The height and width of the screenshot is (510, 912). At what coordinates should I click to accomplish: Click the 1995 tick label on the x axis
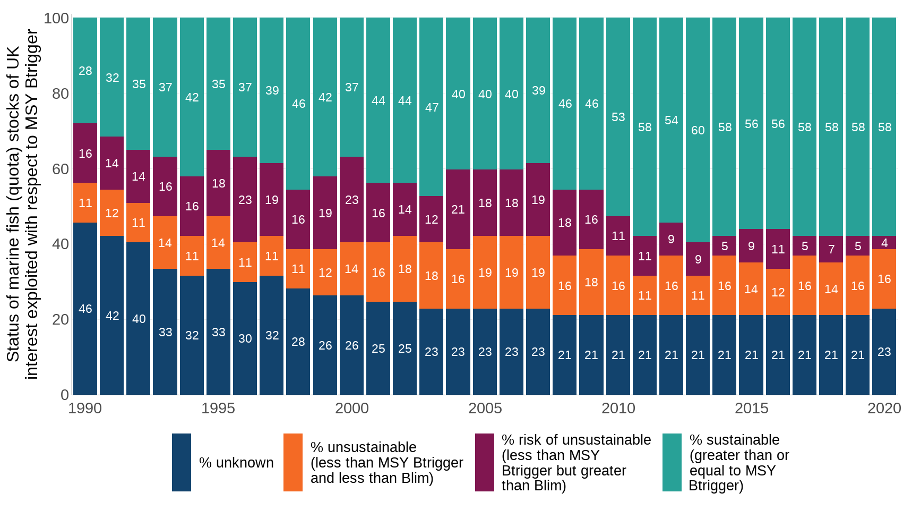click(218, 408)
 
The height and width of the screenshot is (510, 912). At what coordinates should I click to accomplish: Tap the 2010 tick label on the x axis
click(618, 408)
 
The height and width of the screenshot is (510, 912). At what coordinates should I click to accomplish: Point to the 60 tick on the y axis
click(60, 169)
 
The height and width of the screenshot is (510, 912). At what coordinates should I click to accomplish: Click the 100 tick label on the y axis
click(56, 18)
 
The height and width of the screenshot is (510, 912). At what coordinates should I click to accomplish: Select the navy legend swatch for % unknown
click(182, 462)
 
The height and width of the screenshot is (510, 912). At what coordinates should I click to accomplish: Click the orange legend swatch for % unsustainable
click(293, 462)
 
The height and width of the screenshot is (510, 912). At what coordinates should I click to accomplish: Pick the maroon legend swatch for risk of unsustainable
click(485, 462)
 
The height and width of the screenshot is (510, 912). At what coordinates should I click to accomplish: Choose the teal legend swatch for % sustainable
click(672, 462)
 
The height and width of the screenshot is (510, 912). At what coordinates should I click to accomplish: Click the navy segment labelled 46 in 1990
click(85, 309)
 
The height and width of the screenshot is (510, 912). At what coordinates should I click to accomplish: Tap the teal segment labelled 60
click(698, 130)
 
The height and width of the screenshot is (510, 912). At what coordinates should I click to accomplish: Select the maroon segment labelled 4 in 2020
click(884, 243)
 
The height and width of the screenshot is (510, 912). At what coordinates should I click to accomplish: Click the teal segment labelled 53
click(618, 117)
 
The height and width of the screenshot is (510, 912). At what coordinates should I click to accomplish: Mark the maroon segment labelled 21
click(458, 209)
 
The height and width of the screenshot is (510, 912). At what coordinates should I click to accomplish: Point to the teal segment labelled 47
click(432, 107)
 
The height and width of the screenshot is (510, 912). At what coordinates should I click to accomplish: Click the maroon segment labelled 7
click(831, 249)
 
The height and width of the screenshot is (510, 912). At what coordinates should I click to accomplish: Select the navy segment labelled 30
click(245, 338)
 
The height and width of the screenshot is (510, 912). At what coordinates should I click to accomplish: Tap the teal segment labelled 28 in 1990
click(85, 71)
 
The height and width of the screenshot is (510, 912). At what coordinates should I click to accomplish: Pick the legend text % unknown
click(236, 463)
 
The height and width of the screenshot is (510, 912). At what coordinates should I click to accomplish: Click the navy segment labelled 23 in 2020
click(884, 352)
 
